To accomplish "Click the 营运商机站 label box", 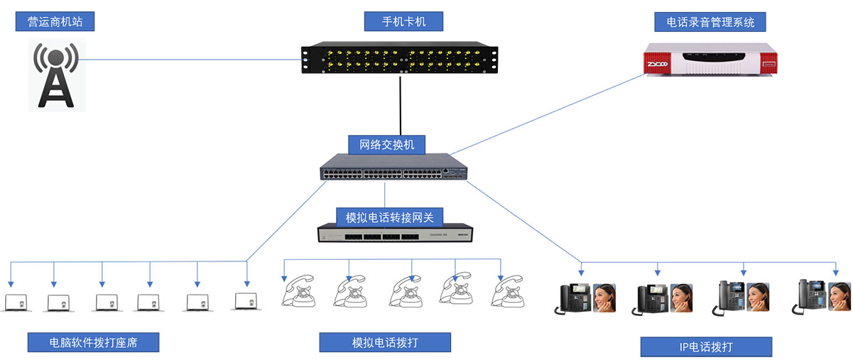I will [55, 21].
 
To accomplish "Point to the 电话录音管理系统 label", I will [710, 22].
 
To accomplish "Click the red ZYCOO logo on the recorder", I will [658, 65].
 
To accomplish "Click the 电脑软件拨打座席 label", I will [93, 342].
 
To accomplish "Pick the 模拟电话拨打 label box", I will [385, 342].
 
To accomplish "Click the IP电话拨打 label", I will [705, 347].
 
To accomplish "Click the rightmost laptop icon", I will [244, 302].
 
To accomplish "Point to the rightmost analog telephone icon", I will [508, 290].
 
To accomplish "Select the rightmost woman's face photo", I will [840, 299].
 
